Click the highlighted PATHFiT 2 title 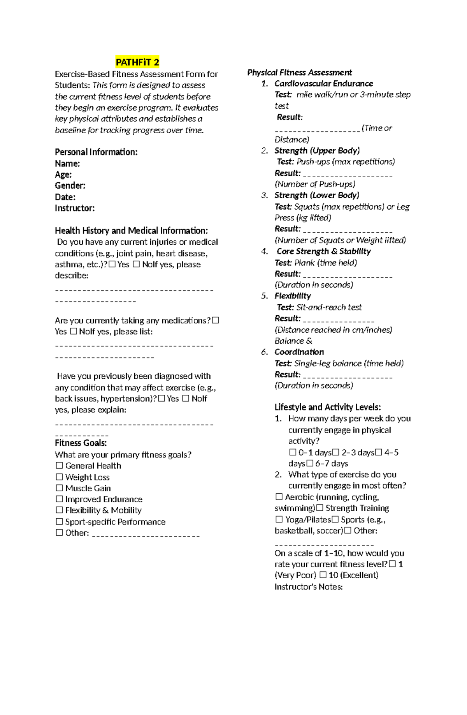(x=137, y=62)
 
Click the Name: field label (x=67, y=164)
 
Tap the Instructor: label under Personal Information (x=75, y=208)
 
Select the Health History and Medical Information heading (x=131, y=231)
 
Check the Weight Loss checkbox (x=59, y=477)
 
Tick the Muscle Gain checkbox (x=59, y=488)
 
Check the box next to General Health (x=59, y=466)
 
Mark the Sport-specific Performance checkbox (x=59, y=522)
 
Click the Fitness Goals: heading (x=81, y=443)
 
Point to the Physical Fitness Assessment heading (x=299, y=72)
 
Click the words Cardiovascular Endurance (x=323, y=83)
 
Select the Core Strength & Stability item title (x=323, y=251)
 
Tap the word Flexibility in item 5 (x=293, y=296)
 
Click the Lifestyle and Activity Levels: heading (x=327, y=408)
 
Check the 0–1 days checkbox (x=293, y=452)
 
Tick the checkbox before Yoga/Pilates (x=279, y=519)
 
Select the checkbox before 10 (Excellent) (x=323, y=575)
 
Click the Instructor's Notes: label (x=308, y=587)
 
